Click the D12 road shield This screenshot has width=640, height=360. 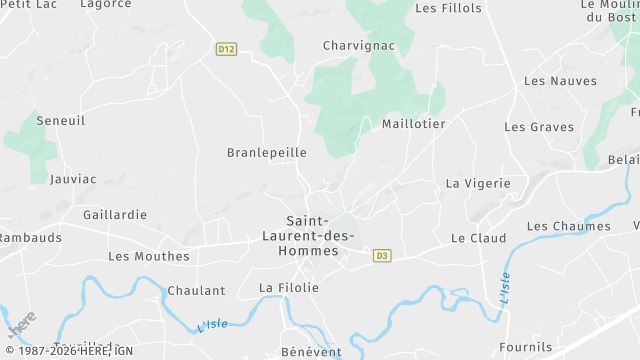(226, 49)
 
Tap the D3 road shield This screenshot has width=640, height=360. (381, 256)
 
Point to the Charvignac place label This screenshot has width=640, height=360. (359, 45)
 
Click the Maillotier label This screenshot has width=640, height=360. (413, 124)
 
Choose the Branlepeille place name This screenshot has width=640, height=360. (267, 153)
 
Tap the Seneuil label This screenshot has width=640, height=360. (61, 120)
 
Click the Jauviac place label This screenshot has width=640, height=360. (73, 179)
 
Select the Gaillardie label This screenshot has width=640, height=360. (115, 215)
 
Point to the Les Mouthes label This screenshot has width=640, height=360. (148, 256)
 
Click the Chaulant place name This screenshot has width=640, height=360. (197, 291)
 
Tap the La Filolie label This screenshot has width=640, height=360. (289, 288)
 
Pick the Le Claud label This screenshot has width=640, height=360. (478, 238)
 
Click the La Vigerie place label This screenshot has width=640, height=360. (478, 184)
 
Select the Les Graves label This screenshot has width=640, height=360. (538, 127)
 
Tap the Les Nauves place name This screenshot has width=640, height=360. (560, 81)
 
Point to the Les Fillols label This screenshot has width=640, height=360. (448, 8)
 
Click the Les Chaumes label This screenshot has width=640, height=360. (568, 226)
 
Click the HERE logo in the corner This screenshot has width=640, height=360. (22, 325)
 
